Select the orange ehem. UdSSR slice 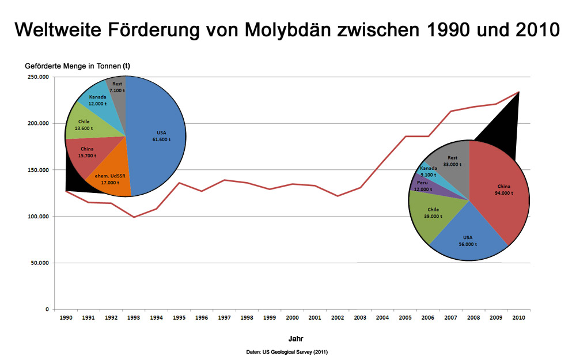point(109,176)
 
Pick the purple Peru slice point(420,184)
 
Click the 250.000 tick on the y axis point(37,77)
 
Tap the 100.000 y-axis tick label point(37,217)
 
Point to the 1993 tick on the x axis point(134,317)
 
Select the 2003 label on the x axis point(361,317)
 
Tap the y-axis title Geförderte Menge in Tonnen point(81,66)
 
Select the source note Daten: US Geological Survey point(287,351)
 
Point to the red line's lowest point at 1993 point(134,217)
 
